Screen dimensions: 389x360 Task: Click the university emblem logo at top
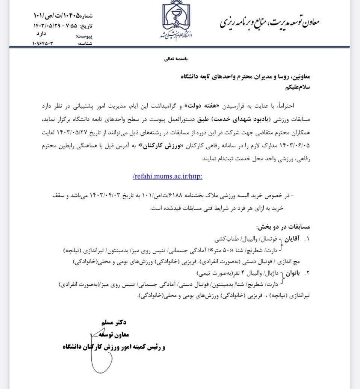[176, 21]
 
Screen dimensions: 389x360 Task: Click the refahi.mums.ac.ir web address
[168, 175]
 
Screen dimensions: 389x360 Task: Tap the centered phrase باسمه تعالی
[176, 59]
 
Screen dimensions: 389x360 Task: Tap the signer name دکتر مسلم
[114, 323]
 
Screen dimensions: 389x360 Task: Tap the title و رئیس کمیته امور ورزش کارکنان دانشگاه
[114, 347]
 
